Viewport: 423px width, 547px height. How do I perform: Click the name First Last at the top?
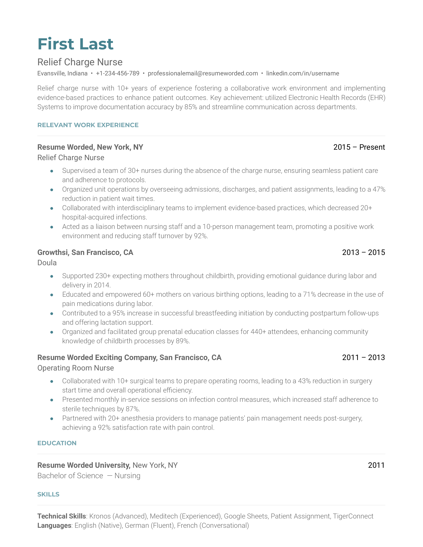[75, 44]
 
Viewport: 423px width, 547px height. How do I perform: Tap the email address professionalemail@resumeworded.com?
[203, 73]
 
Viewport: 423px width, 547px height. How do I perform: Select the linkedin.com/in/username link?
[302, 73]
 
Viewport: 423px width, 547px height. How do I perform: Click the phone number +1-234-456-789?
[118, 73]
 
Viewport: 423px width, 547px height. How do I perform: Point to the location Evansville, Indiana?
[62, 73]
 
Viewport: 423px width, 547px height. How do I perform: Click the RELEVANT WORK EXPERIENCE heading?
[88, 125]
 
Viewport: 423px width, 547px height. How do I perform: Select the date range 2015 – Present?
[359, 147]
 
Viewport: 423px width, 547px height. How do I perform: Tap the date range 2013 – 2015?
[363, 252]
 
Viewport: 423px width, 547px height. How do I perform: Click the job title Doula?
[47, 263]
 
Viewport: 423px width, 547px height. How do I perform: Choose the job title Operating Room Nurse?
[76, 368]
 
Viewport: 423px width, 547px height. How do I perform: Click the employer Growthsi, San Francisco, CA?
[85, 252]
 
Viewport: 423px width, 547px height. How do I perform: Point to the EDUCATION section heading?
[57, 443]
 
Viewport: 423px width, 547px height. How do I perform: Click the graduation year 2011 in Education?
[376, 465]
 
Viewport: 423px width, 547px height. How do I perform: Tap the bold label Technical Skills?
[62, 516]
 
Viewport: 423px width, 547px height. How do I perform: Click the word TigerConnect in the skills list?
[353, 516]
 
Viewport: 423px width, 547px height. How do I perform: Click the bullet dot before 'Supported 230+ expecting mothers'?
[52, 276]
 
